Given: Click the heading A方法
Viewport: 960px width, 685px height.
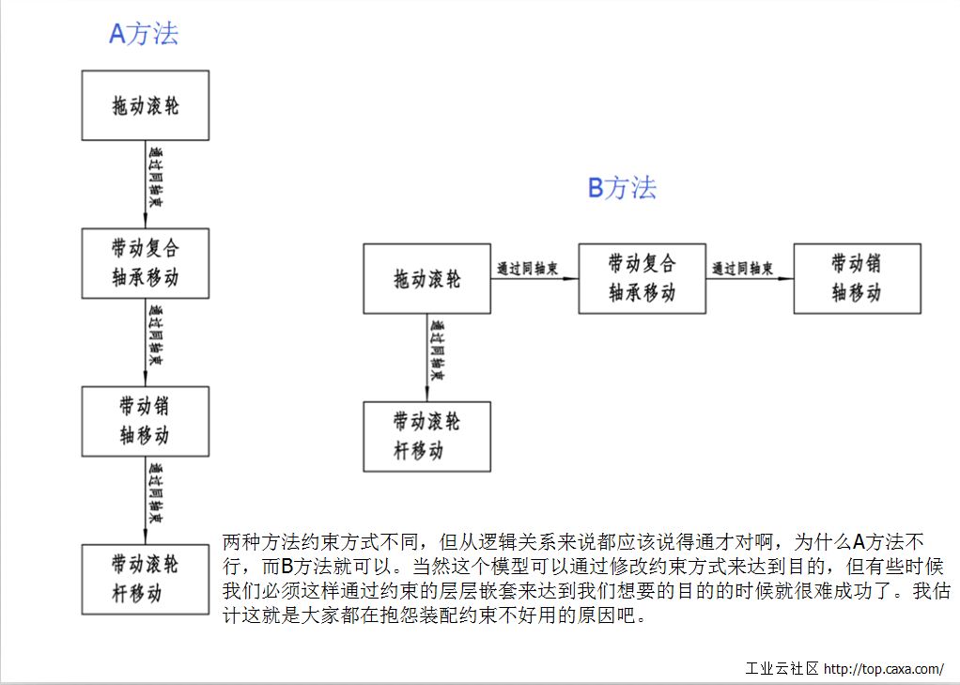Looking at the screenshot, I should [x=144, y=34].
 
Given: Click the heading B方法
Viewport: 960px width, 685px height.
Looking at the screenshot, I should [x=622, y=188].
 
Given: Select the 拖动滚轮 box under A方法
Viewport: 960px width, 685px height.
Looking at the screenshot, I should [x=145, y=105].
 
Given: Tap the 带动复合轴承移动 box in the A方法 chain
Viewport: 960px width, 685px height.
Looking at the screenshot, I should [x=145, y=263].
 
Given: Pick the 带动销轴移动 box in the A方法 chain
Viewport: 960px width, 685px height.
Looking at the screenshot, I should [x=145, y=421].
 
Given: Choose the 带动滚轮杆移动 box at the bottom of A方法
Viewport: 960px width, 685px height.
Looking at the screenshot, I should [x=145, y=579].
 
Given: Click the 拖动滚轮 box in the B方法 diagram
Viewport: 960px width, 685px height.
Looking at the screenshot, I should [x=426, y=278].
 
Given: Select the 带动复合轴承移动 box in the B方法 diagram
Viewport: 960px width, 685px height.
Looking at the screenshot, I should [x=642, y=278].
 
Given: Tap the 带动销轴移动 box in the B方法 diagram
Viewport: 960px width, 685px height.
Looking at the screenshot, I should [x=857, y=278].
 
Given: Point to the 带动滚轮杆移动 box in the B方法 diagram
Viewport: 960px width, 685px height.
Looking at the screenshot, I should [x=426, y=436].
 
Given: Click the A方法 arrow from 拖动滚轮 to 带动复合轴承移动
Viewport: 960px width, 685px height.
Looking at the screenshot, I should [x=147, y=184].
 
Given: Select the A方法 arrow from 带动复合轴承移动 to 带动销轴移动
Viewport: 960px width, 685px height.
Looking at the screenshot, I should [x=147, y=342].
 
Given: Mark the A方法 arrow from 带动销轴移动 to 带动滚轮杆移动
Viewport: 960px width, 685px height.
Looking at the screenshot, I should [x=147, y=500].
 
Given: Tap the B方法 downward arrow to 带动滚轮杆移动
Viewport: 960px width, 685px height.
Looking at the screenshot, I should [x=428, y=357].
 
